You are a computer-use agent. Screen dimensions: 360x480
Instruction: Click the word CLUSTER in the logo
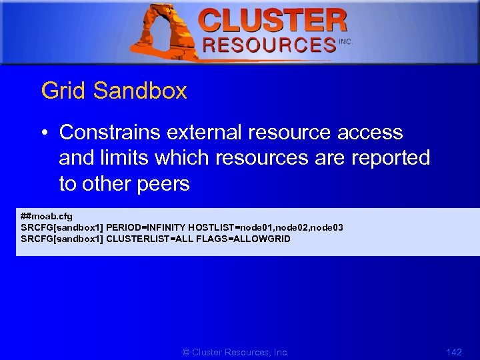(x=273, y=21)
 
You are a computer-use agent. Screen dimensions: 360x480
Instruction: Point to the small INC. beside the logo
(x=345, y=41)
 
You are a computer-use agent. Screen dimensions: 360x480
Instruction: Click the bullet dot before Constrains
(x=43, y=133)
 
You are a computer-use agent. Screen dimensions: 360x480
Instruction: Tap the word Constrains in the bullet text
(x=110, y=133)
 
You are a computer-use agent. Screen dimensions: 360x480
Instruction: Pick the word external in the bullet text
(x=204, y=133)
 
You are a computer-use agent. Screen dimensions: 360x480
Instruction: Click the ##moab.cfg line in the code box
(x=47, y=216)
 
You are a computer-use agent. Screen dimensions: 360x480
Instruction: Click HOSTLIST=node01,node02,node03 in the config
(x=266, y=227)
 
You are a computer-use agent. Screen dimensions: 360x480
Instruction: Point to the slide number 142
(x=453, y=352)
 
